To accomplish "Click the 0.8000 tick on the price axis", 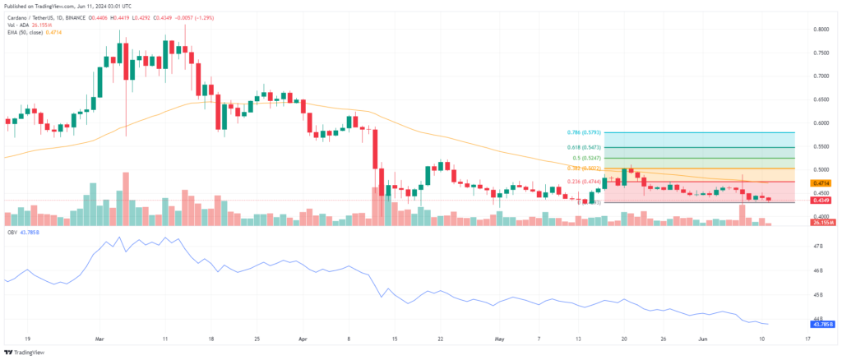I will (x=819, y=29).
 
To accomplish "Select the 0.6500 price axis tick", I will (x=819, y=99).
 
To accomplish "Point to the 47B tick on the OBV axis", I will (x=817, y=247).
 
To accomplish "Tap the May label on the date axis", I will (x=498, y=339).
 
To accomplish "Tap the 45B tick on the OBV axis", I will (x=817, y=294).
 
